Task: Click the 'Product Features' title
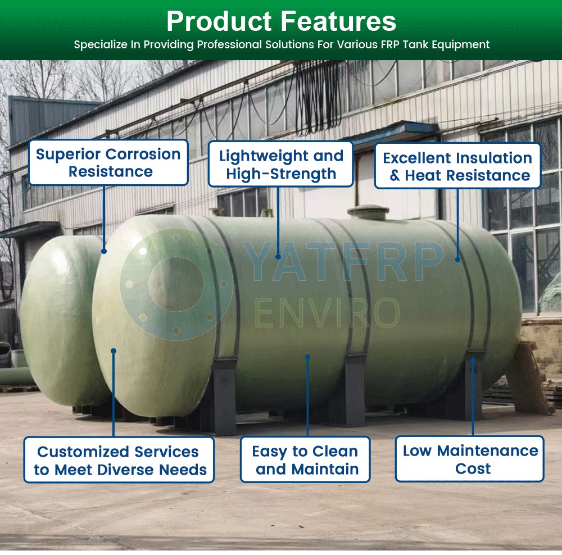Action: (x=282, y=21)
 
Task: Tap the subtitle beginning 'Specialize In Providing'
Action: (x=282, y=44)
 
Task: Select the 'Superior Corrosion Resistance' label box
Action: (x=108, y=162)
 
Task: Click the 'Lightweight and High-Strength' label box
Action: (x=280, y=164)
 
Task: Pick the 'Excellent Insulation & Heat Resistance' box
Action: (x=457, y=166)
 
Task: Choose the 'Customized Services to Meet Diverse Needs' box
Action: (x=119, y=460)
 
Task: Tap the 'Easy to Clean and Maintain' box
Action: (x=305, y=460)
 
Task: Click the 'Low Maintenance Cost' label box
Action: (x=469, y=459)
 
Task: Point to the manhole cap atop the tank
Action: (x=369, y=212)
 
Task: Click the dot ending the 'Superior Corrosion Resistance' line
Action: (x=104, y=251)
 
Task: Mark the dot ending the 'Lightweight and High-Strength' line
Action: (x=278, y=257)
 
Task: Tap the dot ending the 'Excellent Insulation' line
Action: (x=457, y=260)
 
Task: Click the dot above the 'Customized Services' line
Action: (x=114, y=351)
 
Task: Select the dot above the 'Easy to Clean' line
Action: (x=307, y=357)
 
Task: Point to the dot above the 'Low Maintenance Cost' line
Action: (x=473, y=360)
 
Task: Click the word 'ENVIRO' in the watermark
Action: (x=327, y=312)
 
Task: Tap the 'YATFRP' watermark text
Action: (x=343, y=262)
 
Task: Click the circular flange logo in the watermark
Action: (x=176, y=284)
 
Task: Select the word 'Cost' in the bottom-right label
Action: (x=473, y=468)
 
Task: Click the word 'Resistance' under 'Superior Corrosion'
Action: (x=110, y=172)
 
